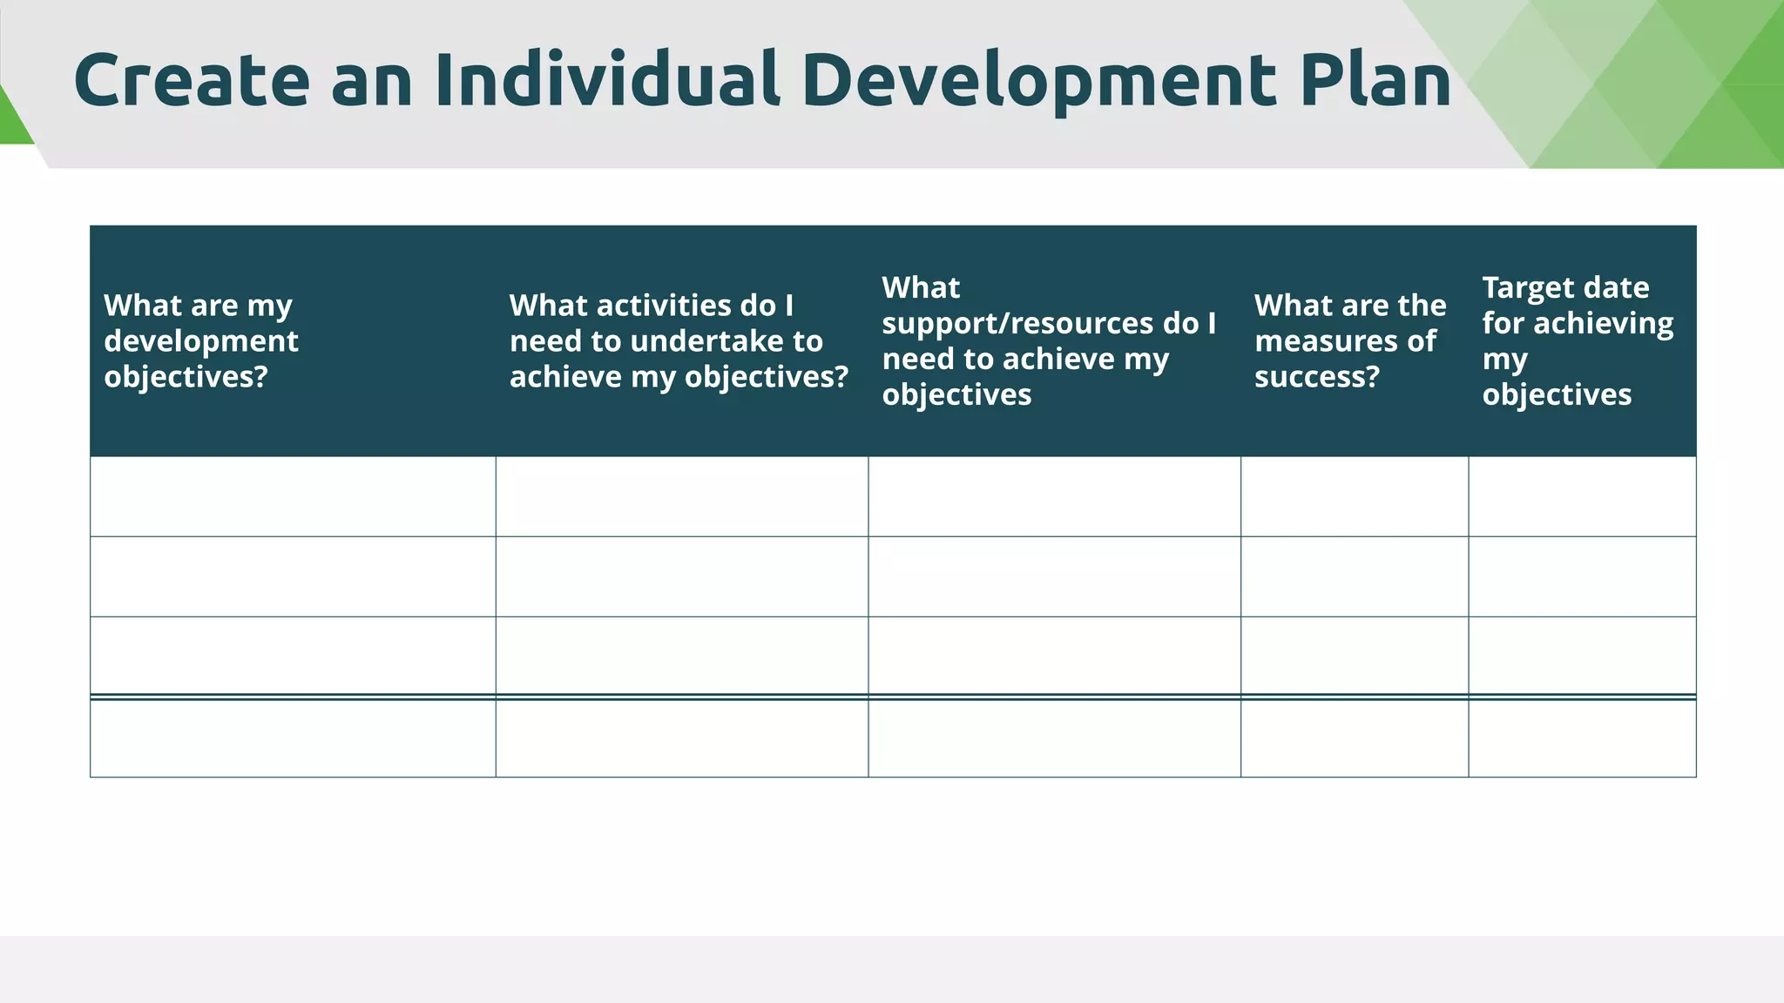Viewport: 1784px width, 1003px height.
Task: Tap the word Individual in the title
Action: (606, 80)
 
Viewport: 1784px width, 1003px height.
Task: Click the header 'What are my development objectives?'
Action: (201, 340)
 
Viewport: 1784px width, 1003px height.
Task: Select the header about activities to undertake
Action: (679, 340)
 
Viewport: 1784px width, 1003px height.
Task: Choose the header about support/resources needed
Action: (1049, 340)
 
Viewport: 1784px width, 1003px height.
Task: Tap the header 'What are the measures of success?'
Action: (1349, 340)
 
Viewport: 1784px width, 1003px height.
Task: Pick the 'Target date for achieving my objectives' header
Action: (1578, 340)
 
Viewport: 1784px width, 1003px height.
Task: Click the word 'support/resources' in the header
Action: (1017, 323)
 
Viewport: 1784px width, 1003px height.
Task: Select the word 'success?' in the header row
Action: (1317, 376)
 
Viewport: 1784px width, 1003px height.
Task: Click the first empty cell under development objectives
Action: (293, 496)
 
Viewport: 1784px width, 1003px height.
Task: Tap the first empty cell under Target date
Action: (1582, 496)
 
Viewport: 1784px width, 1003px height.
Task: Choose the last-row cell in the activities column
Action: (682, 738)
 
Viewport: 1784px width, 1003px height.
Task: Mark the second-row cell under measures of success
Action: (1355, 576)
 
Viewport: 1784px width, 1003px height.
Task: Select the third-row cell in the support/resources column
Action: (1054, 656)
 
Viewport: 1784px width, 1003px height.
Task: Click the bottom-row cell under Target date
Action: (1582, 738)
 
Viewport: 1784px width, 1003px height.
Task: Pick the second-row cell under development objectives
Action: (293, 576)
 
